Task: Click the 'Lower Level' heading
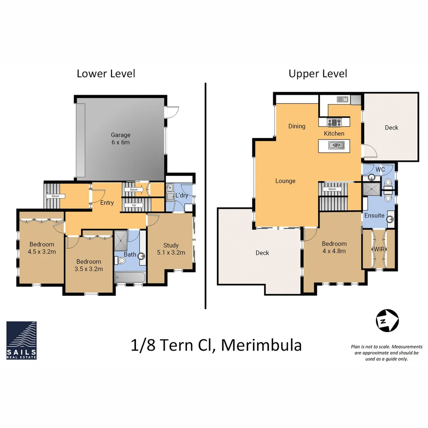[106, 74]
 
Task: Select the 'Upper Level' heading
[318, 74]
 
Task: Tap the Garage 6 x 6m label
[120, 139]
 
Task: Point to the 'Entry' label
[107, 203]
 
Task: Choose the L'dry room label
[182, 196]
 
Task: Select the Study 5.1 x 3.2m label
[171, 249]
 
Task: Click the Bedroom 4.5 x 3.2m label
[41, 248]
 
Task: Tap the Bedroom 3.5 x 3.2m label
[89, 265]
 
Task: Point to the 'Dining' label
[297, 126]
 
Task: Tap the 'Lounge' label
[285, 181]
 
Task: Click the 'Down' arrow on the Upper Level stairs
[332, 189]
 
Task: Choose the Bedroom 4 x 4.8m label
[334, 247]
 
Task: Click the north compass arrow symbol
[387, 319]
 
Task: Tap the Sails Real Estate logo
[21, 340]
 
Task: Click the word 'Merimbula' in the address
[261, 345]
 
